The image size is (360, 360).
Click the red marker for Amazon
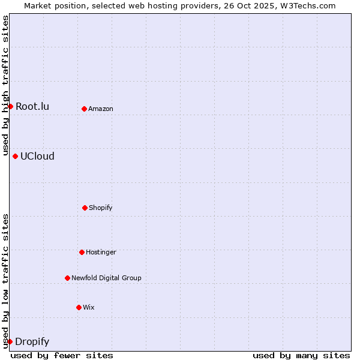[x=84, y=109]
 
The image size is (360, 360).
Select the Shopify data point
[x=85, y=208]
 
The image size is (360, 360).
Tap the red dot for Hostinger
[x=82, y=252]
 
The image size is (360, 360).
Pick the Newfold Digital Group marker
[x=67, y=278]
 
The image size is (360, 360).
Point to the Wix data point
[x=79, y=307]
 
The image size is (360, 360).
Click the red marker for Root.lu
[x=10, y=106]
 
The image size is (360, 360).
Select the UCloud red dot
[x=15, y=156]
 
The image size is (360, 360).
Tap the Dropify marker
[x=10, y=341]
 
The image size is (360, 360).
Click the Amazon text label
[x=101, y=109]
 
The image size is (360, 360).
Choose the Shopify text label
[x=101, y=208]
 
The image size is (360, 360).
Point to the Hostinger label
[x=101, y=252]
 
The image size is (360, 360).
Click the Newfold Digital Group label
[x=106, y=278]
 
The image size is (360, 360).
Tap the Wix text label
[x=89, y=307]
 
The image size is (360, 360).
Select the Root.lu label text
[x=32, y=107]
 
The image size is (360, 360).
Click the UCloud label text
[x=37, y=157]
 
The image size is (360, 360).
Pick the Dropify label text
[x=32, y=342]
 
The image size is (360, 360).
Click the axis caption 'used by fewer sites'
[x=62, y=355]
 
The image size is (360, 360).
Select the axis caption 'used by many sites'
[x=301, y=355]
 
